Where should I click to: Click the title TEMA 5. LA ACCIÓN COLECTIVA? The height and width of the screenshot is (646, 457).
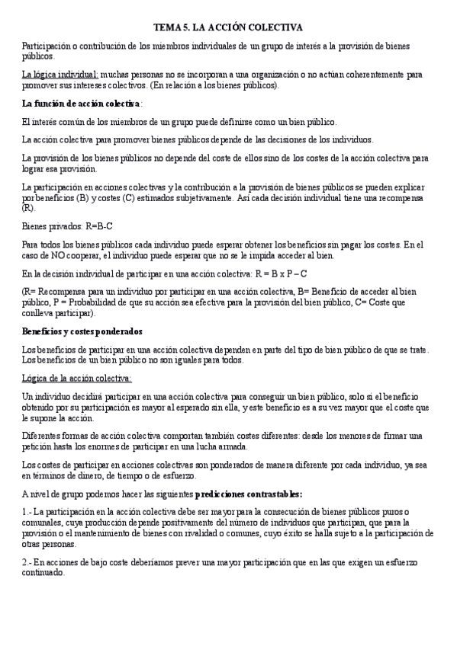(x=228, y=27)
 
